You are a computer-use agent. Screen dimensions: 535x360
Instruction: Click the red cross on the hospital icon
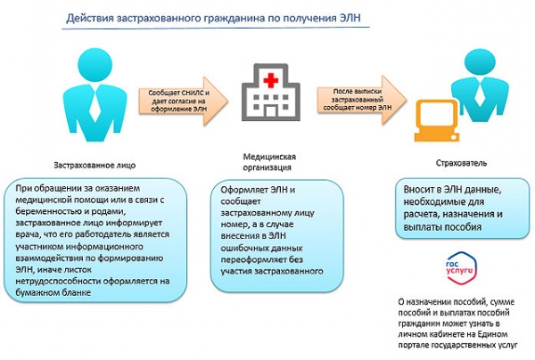[270, 80]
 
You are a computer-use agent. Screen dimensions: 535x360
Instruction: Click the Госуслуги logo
[461, 268]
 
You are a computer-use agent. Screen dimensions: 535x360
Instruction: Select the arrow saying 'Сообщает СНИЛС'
[183, 101]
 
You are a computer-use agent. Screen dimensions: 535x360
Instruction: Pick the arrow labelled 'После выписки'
[362, 100]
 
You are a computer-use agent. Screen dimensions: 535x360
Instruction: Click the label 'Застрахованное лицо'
[95, 166]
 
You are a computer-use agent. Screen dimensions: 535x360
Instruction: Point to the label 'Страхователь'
[461, 163]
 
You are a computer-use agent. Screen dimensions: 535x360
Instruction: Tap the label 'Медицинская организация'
[269, 162]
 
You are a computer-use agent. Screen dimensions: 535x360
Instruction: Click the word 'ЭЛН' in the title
[350, 18]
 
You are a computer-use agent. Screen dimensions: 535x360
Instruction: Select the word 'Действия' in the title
[90, 18]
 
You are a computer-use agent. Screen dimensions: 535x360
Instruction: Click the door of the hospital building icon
[270, 111]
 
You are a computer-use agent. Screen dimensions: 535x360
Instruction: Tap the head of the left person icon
[95, 65]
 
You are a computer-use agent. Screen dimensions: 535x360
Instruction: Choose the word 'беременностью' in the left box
[42, 211]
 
